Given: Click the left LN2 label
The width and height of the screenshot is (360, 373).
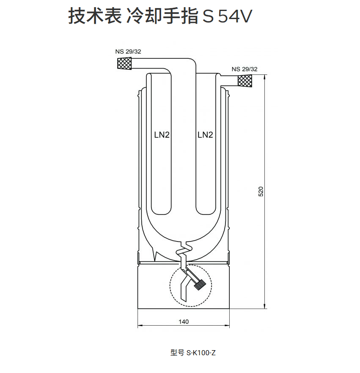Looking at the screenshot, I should click(161, 135).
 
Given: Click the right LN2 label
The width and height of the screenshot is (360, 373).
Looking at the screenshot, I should click(205, 135).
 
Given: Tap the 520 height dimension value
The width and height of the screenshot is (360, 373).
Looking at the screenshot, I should click(261, 191).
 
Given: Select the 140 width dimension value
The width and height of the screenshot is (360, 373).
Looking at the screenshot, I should click(184, 321).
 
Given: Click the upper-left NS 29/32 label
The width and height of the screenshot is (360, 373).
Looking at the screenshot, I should click(128, 52).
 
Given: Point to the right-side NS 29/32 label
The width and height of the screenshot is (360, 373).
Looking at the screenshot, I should click(245, 69).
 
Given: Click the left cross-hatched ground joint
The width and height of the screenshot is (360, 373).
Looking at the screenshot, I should click(124, 64).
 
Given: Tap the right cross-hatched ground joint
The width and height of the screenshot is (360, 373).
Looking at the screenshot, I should click(245, 80).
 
